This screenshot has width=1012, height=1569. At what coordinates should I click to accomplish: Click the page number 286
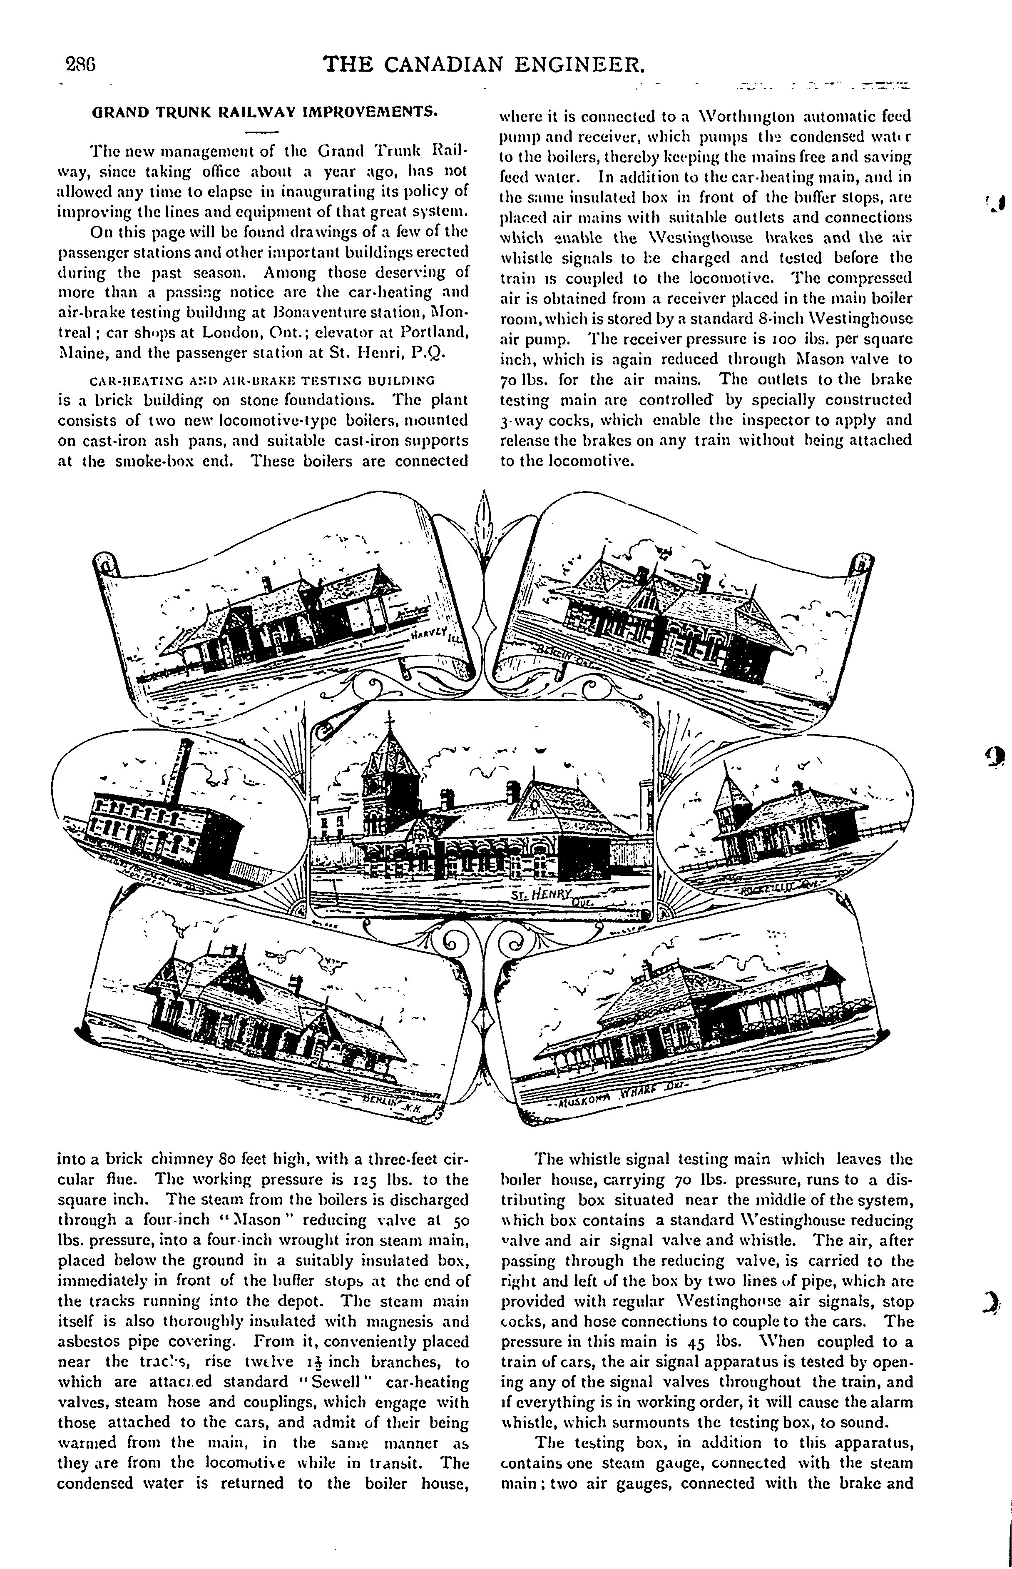coord(82,65)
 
